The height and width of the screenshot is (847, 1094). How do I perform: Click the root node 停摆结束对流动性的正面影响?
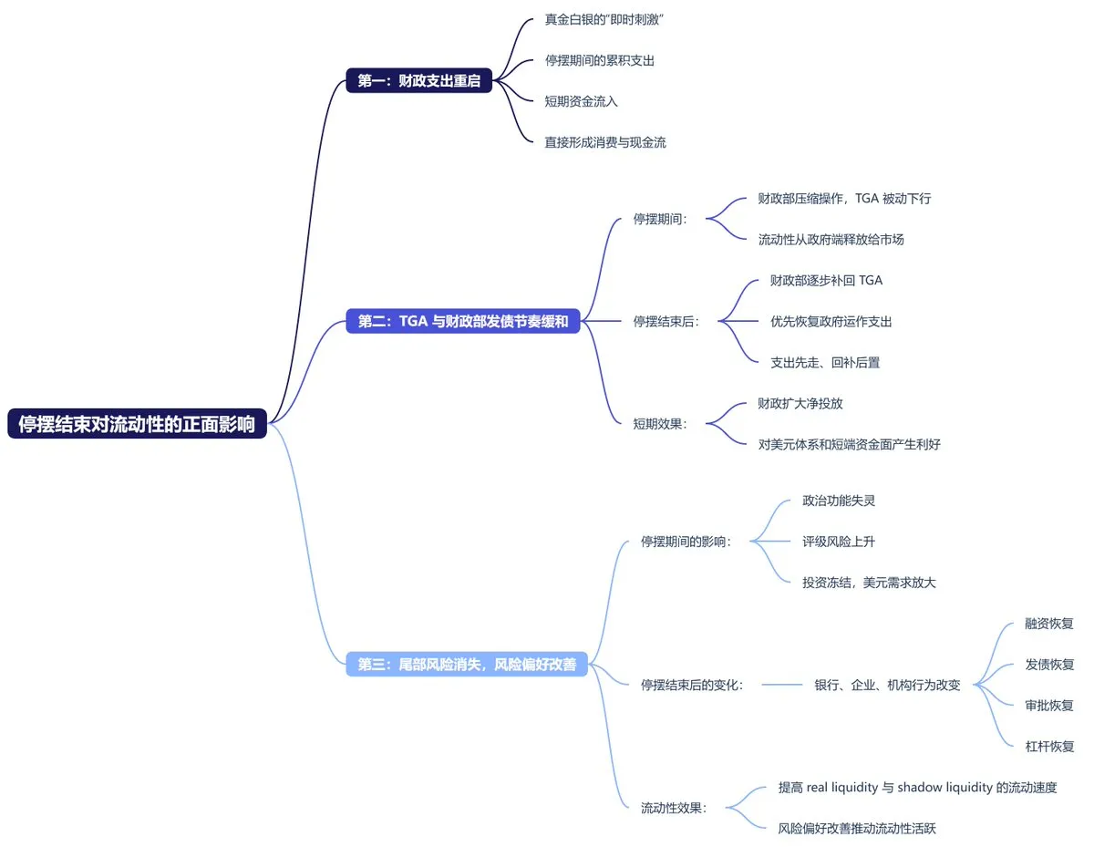137,424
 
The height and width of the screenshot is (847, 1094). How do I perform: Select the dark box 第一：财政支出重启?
419,81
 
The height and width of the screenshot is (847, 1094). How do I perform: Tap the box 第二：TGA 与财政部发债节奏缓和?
463,321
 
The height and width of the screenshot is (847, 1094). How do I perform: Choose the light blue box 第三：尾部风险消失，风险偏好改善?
467,665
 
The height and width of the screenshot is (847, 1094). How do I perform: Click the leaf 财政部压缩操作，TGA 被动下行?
844,198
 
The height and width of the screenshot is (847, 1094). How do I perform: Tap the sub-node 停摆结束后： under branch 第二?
666,321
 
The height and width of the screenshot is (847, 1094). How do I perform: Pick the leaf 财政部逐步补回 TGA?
826,280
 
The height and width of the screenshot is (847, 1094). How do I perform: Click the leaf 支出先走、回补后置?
825,362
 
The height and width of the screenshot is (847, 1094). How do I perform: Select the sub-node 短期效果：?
660,423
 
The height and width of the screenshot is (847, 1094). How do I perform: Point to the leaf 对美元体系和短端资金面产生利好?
849,444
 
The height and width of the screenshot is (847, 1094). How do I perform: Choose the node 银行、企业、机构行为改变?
887,686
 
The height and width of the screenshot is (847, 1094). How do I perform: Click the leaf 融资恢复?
1049,625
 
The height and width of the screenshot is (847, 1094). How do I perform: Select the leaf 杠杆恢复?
1049,747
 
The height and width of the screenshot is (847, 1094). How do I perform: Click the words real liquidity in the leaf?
841,788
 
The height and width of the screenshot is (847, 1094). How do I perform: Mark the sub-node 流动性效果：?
674,808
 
